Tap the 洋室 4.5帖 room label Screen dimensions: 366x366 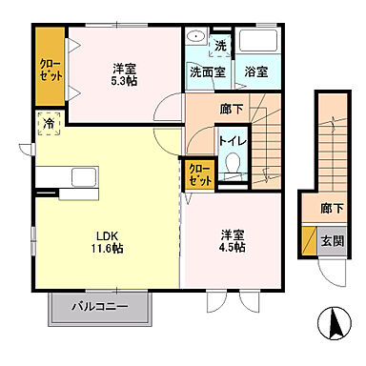coord(233,240)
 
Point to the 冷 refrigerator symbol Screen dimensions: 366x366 coord(46,123)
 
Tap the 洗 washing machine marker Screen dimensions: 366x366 coord(219,45)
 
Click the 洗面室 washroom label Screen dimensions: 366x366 coord(205,71)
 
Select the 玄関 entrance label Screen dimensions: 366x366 coord(330,240)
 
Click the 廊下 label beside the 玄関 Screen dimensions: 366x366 coord(331,208)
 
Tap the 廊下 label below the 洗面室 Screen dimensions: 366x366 coord(231,110)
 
